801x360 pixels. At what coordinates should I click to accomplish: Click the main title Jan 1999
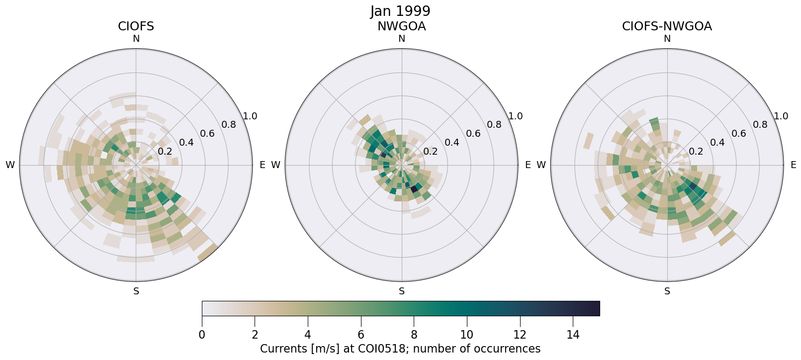[x=400, y=11]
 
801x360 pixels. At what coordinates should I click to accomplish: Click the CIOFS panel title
[x=136, y=26]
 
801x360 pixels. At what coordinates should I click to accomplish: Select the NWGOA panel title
[x=401, y=26]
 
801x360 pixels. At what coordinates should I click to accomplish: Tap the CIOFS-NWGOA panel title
[x=667, y=26]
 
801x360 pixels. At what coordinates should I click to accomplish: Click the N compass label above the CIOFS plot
[x=136, y=39]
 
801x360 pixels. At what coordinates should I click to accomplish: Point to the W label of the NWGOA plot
[x=275, y=165]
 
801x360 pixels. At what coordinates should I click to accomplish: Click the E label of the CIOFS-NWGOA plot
[x=794, y=165]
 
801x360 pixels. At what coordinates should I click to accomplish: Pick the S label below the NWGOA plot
[x=402, y=291]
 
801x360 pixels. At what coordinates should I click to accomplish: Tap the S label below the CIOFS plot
[x=136, y=291]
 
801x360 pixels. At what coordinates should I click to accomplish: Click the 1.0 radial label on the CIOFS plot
[x=250, y=116]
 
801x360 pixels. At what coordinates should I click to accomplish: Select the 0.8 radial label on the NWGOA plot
[x=494, y=124]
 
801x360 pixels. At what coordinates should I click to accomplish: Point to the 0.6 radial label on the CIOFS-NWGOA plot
[x=738, y=133]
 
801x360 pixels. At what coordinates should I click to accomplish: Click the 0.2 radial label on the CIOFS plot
[x=165, y=151]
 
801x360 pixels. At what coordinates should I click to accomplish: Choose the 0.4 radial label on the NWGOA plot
[x=451, y=143]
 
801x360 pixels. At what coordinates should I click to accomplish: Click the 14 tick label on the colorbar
[x=573, y=335]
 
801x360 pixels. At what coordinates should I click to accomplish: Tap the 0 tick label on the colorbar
[x=202, y=335]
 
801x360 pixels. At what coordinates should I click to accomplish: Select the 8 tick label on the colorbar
[x=414, y=335]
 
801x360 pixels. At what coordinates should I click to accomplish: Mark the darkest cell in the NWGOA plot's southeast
[x=414, y=189]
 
